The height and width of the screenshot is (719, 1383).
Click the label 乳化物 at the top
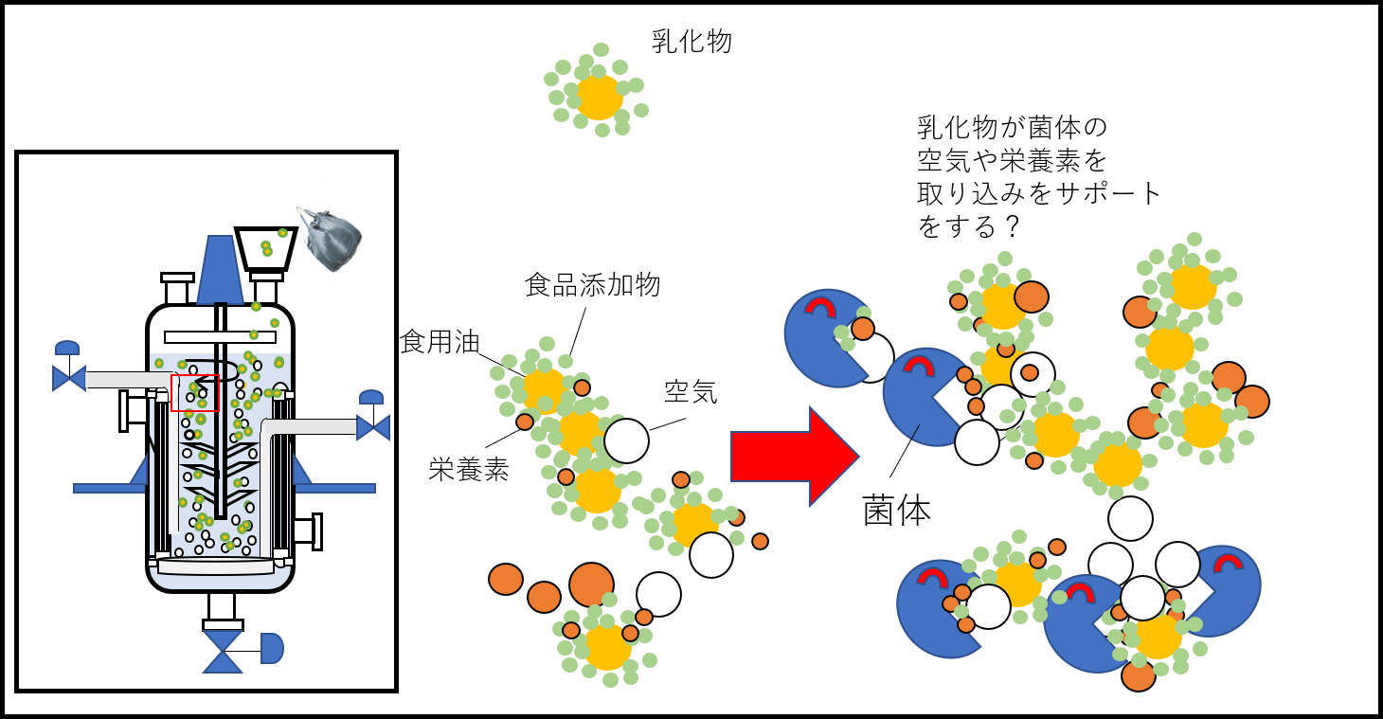pyautogui.click(x=691, y=42)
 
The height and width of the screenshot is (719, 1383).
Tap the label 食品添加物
pyautogui.click(x=592, y=284)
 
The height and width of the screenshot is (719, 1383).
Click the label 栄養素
pyautogui.click(x=468, y=469)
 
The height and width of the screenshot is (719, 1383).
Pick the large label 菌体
pyautogui.click(x=896, y=511)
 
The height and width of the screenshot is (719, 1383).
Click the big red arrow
pyautogui.click(x=794, y=456)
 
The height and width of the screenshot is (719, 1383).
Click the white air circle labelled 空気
pyautogui.click(x=626, y=440)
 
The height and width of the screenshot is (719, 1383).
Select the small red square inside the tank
pyautogui.click(x=194, y=392)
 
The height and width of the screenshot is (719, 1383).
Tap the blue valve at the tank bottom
pyautogui.click(x=223, y=652)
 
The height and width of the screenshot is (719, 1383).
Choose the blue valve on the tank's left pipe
pyautogui.click(x=68, y=377)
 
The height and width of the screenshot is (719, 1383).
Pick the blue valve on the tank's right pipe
pyautogui.click(x=372, y=426)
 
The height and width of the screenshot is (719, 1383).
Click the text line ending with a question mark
pyautogui.click(x=966, y=227)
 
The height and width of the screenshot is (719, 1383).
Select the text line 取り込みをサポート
pyautogui.click(x=1038, y=193)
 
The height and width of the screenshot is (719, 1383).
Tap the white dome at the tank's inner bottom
pyautogui.click(x=220, y=566)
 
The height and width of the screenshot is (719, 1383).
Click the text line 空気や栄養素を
pyautogui.click(x=1012, y=159)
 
